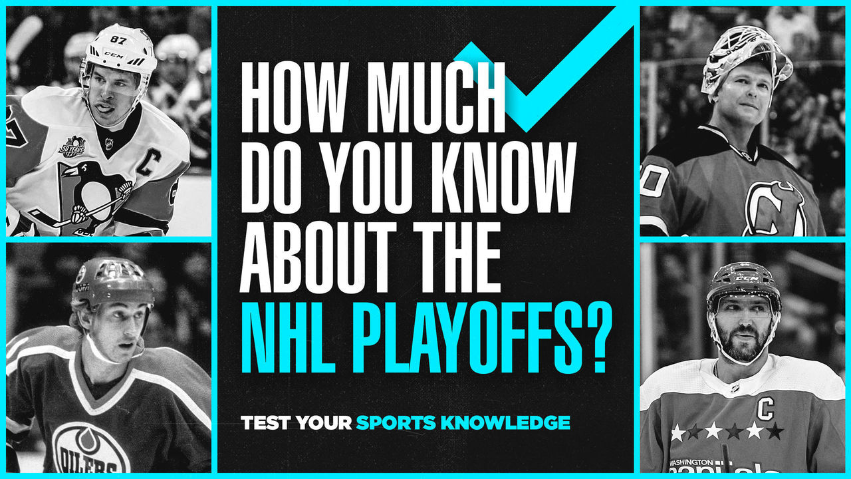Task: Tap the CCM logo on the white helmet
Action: (114, 55)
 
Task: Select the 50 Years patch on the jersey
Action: (72, 146)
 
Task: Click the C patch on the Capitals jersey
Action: (765, 408)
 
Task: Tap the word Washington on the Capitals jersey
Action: (692, 462)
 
